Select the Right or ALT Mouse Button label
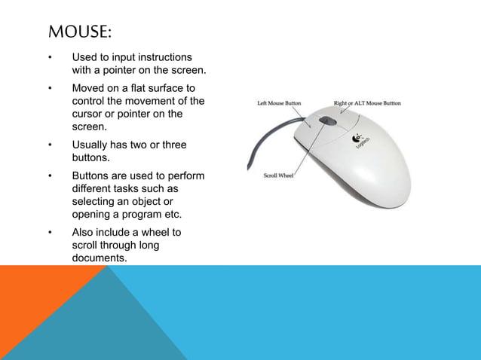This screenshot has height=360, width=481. click(367, 103)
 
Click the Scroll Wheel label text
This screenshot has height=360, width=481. click(279, 176)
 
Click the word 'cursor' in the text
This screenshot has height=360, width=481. click(87, 114)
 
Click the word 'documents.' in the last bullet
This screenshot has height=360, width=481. click(99, 258)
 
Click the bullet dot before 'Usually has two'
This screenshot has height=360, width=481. click(50, 145)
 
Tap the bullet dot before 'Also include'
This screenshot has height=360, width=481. click(50, 233)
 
